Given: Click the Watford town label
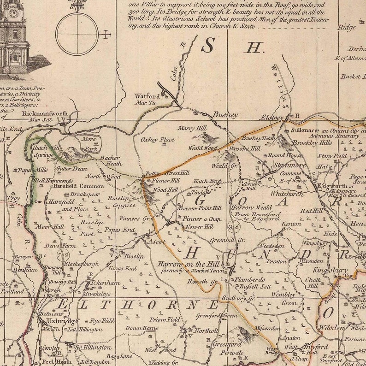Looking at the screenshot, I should (147, 96).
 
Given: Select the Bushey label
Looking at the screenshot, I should (225, 115).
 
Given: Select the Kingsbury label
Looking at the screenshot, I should (331, 270).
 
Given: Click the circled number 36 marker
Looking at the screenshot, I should (234, 226).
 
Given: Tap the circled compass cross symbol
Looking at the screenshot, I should (77, 34).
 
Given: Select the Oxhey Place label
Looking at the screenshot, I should (158, 140).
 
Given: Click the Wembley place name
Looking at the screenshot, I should (283, 294).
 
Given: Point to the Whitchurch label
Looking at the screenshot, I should (287, 194).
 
